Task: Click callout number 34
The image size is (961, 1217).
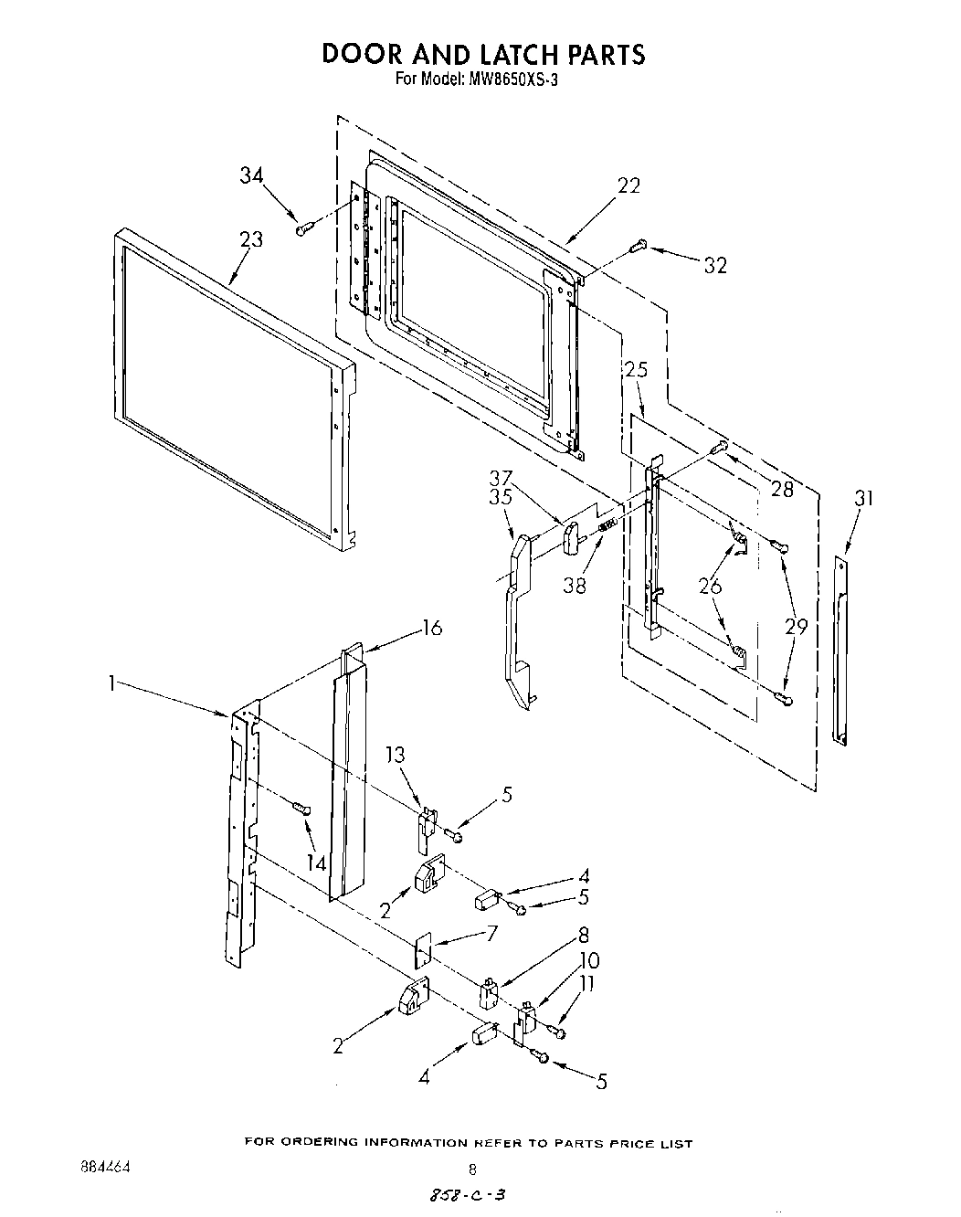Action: (x=252, y=175)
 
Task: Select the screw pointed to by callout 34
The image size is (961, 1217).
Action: (x=304, y=228)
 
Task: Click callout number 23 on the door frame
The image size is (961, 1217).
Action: (x=251, y=239)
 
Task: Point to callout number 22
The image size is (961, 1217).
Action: (x=628, y=185)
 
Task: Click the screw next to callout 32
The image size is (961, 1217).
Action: (x=639, y=244)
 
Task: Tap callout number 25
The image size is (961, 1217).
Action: (x=637, y=371)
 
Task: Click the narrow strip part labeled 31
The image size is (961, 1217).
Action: (x=840, y=648)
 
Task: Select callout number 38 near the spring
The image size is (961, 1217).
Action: (x=576, y=587)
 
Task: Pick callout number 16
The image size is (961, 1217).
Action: (x=431, y=628)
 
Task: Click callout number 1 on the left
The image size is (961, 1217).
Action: (x=111, y=683)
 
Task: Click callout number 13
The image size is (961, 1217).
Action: (x=394, y=756)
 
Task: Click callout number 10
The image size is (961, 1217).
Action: (x=588, y=961)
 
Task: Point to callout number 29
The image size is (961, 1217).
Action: (x=797, y=627)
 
